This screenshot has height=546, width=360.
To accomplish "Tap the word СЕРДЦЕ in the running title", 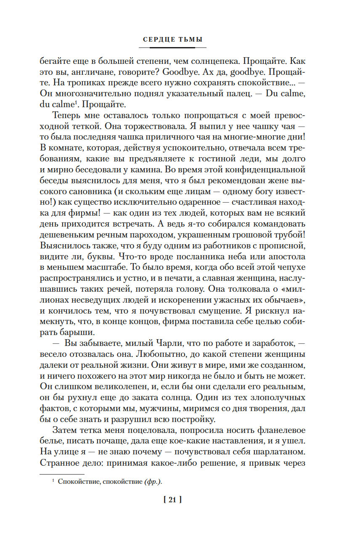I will click(x=158, y=40).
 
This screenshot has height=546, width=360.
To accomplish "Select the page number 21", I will click(x=172, y=500).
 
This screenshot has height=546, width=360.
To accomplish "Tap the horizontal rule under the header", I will click(x=172, y=47).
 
